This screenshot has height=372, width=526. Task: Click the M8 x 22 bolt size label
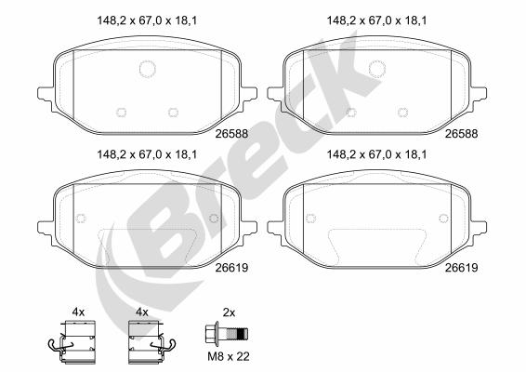coord(229,356)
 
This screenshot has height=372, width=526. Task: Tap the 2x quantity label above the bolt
coord(229,312)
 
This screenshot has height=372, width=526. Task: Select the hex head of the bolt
coord(211,333)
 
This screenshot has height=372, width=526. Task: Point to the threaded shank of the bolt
coord(237,334)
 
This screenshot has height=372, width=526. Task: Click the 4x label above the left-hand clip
coord(78,312)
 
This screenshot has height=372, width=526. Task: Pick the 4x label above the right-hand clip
coord(142,312)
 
